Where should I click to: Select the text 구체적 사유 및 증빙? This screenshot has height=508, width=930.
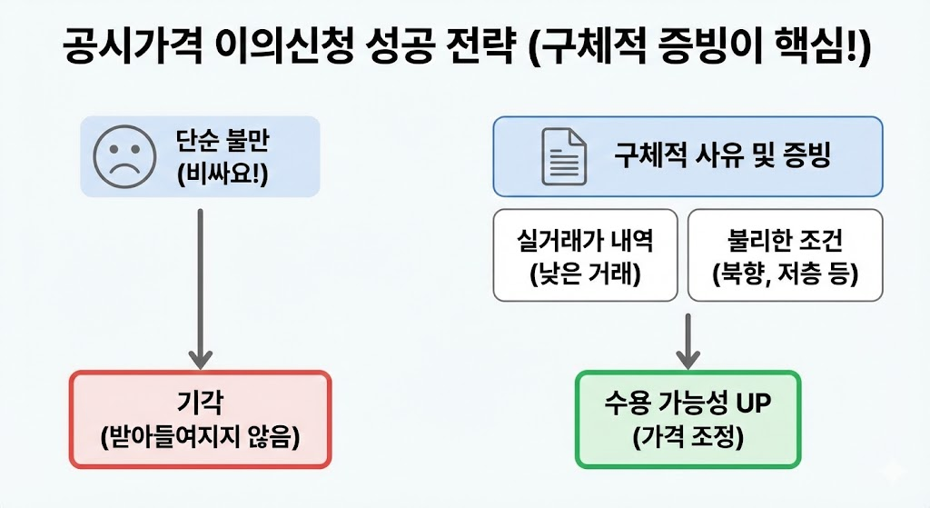coord(722,155)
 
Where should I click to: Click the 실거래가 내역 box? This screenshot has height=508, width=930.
coord(585,255)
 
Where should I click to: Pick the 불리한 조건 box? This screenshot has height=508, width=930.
coord(785,255)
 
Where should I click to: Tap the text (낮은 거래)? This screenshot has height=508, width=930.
coord(585,273)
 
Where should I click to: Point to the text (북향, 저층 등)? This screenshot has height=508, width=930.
coord(785,273)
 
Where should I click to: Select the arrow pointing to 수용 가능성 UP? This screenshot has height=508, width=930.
coord(688,340)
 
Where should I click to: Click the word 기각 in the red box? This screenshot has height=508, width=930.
coord(200,403)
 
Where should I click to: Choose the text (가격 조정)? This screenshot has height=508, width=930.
coord(688,436)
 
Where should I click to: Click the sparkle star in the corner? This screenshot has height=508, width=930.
coord(894,471)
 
